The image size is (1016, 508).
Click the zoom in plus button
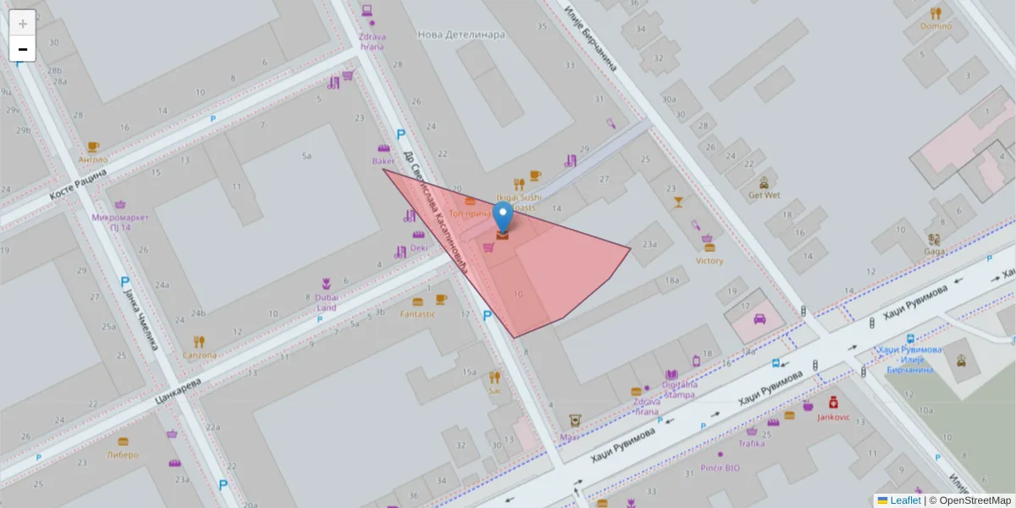tap(23, 23)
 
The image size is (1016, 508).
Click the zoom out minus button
tap(23, 49)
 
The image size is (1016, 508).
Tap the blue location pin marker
tap(503, 216)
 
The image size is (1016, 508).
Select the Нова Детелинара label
tap(461, 35)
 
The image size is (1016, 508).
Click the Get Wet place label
tap(764, 194)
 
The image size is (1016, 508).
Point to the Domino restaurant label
tap(936, 26)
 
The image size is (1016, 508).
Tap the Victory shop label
tap(710, 261)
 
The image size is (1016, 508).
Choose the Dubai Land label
tap(327, 302)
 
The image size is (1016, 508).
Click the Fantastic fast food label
tap(417, 314)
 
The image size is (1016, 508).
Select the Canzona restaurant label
tap(199, 355)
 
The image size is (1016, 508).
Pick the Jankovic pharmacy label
tap(833, 417)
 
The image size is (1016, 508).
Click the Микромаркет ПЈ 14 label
tap(120, 222)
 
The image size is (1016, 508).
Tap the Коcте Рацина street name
tap(78, 184)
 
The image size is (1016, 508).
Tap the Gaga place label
tap(935, 251)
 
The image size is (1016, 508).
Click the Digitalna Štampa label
tap(674, 389)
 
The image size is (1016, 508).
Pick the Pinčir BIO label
tap(721, 467)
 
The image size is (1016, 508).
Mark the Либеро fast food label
tap(123, 455)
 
